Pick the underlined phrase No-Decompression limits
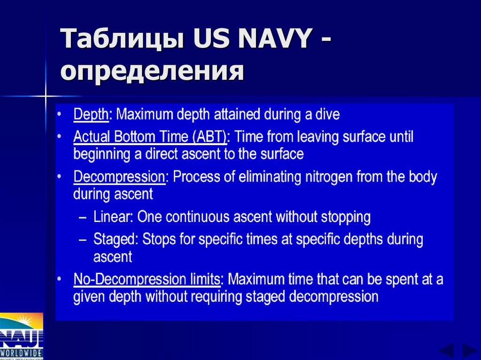pos(147,280)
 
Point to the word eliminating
pos(267,177)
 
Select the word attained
pos(238,115)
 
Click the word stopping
pos(346,217)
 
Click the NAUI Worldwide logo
pos(22,336)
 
